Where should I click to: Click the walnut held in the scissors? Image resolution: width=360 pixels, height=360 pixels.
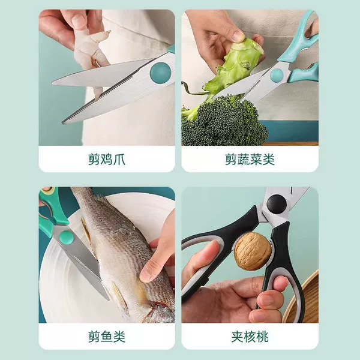(x=252, y=251)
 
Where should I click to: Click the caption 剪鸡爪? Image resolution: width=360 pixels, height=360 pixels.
(x=107, y=160)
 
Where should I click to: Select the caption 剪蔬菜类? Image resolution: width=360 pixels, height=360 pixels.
(x=250, y=160)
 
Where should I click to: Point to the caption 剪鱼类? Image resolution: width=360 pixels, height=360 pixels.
(x=107, y=337)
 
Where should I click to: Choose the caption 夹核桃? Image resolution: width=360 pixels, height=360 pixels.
(x=250, y=337)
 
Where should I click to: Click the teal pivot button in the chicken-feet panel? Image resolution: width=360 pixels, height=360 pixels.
(x=160, y=73)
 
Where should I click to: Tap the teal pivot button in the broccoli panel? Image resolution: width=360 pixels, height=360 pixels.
(x=277, y=76)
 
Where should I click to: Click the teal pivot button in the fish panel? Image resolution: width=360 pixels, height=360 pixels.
(x=66, y=238)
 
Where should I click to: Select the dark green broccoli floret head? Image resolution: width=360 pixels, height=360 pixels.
(x=226, y=122)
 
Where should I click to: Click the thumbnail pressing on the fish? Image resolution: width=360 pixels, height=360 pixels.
(x=146, y=275)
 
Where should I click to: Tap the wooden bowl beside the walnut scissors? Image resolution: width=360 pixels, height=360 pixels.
(x=303, y=298)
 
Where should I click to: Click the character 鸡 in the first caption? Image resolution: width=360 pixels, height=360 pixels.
(x=107, y=160)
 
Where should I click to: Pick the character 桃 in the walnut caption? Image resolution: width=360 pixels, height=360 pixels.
(x=262, y=337)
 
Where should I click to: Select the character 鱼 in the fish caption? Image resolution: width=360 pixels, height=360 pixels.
(x=107, y=337)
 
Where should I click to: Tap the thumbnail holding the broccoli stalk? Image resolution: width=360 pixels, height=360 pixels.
(x=238, y=35)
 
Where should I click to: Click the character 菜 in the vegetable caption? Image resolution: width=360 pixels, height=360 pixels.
(x=256, y=160)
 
